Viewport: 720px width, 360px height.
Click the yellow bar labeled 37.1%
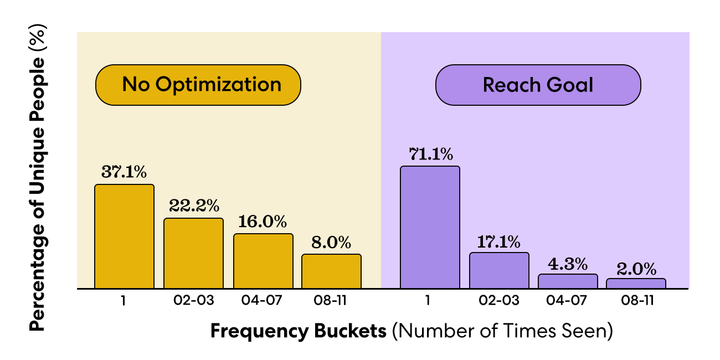pyautogui.click(x=125, y=236)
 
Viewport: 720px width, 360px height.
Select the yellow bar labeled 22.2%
pyautogui.click(x=193, y=253)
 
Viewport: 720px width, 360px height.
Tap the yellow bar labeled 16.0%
pyautogui.click(x=263, y=261)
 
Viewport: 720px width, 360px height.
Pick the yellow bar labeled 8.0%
pyautogui.click(x=331, y=271)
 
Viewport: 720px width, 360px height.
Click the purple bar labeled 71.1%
pyautogui.click(x=430, y=227)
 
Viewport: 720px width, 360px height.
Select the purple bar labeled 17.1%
pyautogui.click(x=499, y=270)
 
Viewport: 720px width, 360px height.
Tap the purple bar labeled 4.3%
pyautogui.click(x=568, y=281)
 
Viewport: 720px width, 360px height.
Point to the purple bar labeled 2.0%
pyautogui.click(x=636, y=284)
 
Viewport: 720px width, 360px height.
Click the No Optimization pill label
pyautogui.click(x=198, y=85)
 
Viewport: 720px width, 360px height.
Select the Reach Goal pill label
pyautogui.click(x=538, y=85)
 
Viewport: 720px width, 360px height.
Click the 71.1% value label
pyautogui.click(x=431, y=154)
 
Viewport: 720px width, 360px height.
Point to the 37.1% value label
pyautogui.click(x=124, y=172)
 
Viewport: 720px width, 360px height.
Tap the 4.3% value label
pyautogui.click(x=568, y=264)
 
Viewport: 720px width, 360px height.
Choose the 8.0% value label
pyautogui.click(x=331, y=243)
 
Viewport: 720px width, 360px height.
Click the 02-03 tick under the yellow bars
pyautogui.click(x=193, y=300)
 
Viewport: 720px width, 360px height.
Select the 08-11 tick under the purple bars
pyautogui.click(x=637, y=300)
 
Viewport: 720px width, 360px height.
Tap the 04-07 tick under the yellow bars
pyautogui.click(x=261, y=300)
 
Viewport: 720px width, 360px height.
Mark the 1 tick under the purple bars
pyautogui.click(x=428, y=300)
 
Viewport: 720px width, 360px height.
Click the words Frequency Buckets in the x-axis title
pyautogui.click(x=299, y=331)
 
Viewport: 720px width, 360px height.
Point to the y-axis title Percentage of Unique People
pyautogui.click(x=38, y=178)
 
